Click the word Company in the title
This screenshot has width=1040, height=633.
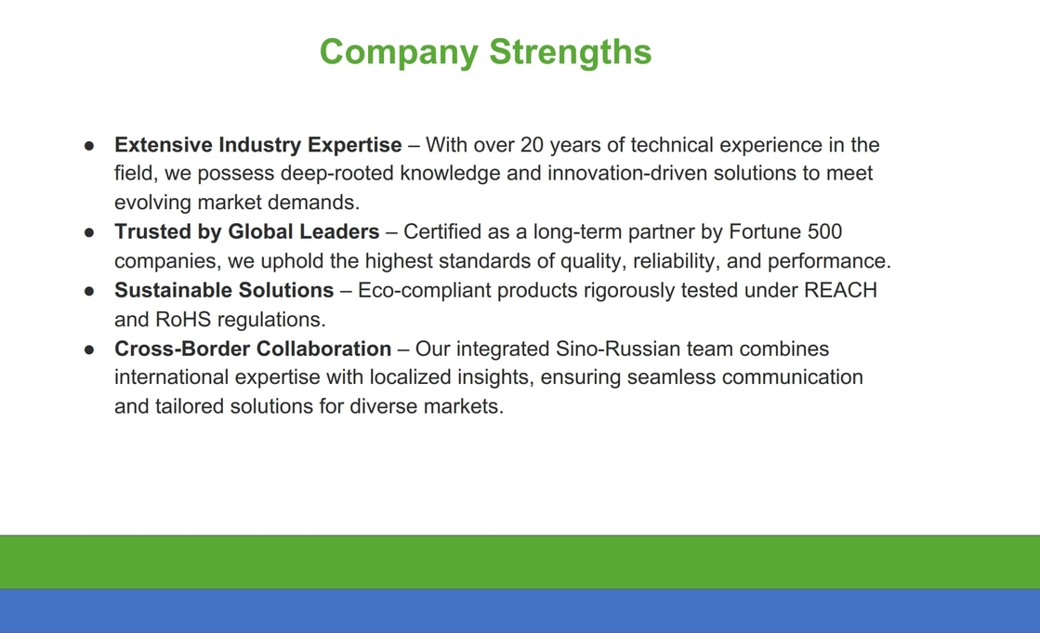click(x=399, y=52)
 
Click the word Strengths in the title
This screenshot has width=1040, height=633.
click(x=571, y=52)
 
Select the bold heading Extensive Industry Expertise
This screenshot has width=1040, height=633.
click(x=258, y=145)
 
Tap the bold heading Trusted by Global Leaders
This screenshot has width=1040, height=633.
click(x=246, y=231)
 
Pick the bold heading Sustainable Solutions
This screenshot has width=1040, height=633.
click(x=224, y=290)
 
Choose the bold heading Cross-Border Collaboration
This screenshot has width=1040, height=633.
click(x=253, y=349)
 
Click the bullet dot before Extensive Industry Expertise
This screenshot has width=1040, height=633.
click(x=89, y=146)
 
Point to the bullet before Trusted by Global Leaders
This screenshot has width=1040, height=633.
click(x=89, y=233)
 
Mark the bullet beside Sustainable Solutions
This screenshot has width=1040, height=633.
click(x=89, y=291)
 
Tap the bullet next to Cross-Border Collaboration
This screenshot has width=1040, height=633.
click(x=89, y=349)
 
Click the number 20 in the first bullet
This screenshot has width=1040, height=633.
click(x=532, y=145)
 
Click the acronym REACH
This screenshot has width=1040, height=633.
click(x=840, y=290)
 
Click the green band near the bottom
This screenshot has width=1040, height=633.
click(x=520, y=562)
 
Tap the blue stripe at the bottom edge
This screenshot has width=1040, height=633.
click(x=520, y=611)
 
